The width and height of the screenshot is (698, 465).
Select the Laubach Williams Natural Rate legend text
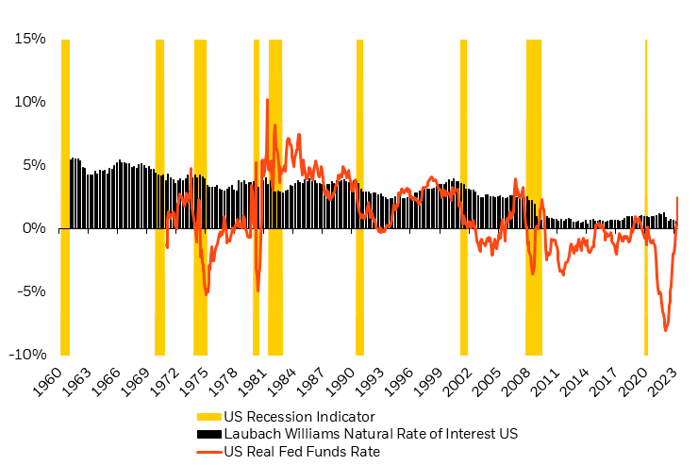coord(371,434)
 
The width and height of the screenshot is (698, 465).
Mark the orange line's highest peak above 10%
coord(267,99)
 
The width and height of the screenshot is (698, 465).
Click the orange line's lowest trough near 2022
coord(666,330)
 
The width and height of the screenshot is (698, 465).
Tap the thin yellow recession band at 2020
coord(645,189)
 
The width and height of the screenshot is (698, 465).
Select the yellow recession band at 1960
coord(65,189)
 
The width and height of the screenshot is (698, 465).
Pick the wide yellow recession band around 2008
coord(533,189)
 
